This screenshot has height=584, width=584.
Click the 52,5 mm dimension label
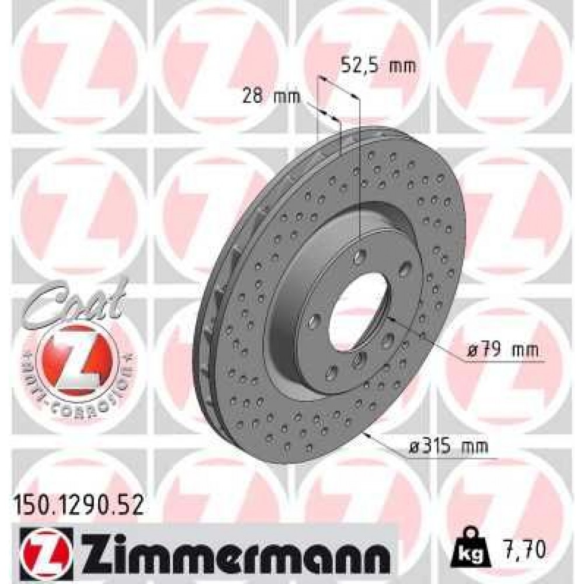[378, 65]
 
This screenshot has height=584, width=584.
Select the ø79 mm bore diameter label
[501, 351]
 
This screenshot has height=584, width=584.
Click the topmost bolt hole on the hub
[361, 255]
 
